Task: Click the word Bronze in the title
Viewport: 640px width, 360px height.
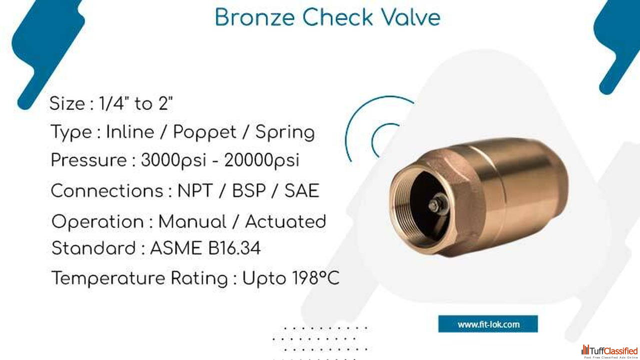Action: (255, 17)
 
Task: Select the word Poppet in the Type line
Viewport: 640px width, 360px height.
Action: (204, 133)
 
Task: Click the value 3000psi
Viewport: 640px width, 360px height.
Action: (173, 160)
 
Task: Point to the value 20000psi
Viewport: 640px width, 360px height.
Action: (261, 160)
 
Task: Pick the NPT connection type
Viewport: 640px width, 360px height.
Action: (195, 190)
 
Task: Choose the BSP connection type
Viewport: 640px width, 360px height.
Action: (248, 190)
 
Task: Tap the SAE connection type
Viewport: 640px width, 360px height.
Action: (301, 190)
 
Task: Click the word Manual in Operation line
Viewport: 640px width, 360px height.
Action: (192, 221)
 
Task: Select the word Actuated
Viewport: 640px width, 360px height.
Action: (285, 221)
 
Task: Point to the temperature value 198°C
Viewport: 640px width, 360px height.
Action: (315, 277)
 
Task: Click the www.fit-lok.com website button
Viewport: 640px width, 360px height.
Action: (488, 324)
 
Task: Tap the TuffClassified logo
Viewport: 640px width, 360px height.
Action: (609, 351)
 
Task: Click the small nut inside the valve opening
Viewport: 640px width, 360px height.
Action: (434, 205)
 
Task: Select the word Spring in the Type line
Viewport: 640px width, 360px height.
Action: (285, 133)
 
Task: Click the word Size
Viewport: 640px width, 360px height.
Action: (67, 103)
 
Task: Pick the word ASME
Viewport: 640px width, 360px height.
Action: (175, 248)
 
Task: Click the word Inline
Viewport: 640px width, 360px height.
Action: (130, 132)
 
